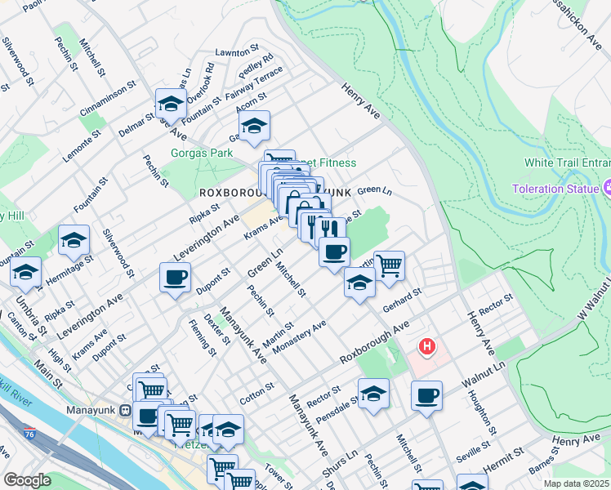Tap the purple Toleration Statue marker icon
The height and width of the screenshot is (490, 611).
(x=606, y=189)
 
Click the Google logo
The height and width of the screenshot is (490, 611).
(x=27, y=480)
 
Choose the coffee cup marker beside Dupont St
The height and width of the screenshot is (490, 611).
(x=176, y=278)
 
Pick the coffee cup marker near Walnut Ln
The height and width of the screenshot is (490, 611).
(x=426, y=396)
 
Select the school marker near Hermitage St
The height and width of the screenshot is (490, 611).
(x=74, y=240)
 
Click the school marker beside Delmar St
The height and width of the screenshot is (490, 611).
(x=171, y=104)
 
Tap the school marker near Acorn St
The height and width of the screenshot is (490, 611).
(x=254, y=126)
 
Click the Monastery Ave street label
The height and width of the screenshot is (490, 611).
(x=301, y=336)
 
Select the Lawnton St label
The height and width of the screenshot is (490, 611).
(x=237, y=51)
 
